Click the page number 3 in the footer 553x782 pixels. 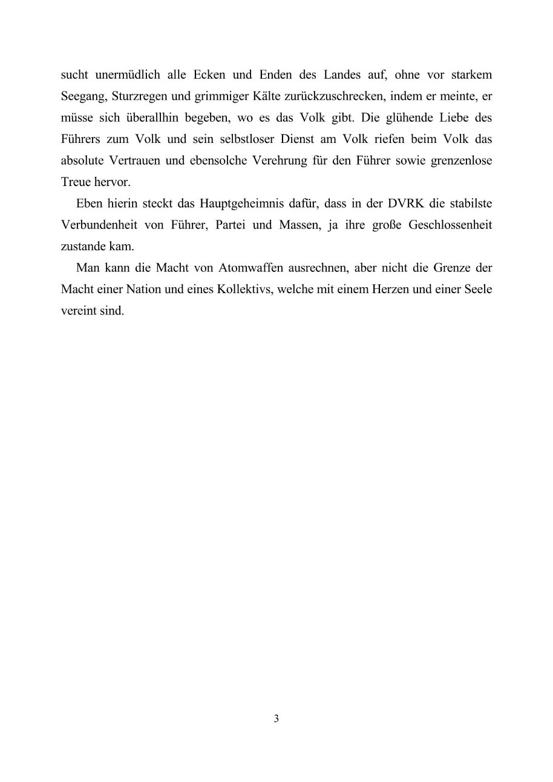276,719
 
